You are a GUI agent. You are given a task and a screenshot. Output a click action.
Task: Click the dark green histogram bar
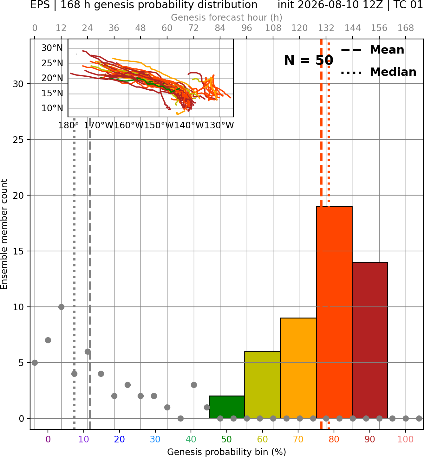pos(227,407)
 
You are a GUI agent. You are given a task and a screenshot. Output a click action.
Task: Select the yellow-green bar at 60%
pos(262,385)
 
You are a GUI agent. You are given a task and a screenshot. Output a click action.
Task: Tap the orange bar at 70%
pos(298,368)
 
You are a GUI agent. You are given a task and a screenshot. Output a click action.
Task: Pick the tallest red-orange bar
pos(334,312)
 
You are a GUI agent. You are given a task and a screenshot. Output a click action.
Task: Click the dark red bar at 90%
pos(370,340)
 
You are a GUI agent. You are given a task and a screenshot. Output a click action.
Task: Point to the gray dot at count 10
pos(61,307)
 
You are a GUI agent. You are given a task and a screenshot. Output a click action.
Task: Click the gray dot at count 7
pos(48,340)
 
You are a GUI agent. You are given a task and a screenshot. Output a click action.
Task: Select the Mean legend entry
pos(372,50)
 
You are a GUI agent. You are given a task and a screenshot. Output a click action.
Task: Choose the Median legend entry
pos(378,72)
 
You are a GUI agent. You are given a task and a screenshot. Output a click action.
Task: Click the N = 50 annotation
pos(309,60)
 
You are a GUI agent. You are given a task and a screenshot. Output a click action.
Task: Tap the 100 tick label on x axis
pos(405,440)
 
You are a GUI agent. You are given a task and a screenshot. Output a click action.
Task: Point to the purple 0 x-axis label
pos(48,440)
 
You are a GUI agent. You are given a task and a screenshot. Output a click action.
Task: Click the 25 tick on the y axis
pos(18,140)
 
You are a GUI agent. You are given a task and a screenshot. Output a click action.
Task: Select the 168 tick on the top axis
pos(406,28)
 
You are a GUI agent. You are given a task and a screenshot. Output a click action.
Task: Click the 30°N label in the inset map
pos(52,48)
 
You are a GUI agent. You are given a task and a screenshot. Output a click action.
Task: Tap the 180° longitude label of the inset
pos(68,126)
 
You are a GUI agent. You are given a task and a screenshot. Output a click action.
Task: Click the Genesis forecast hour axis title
pos(227,17)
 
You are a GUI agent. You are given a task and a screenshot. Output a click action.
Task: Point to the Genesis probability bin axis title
pos(227,452)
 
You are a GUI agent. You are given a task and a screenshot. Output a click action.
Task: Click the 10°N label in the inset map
pos(52,108)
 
